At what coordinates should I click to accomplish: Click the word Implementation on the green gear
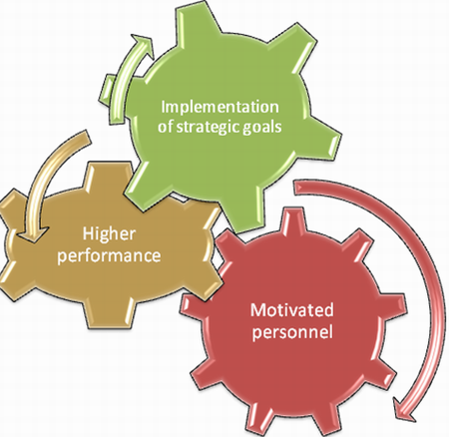tap(220, 108)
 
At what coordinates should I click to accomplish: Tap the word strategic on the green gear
tap(208, 127)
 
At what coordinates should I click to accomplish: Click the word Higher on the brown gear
tap(109, 234)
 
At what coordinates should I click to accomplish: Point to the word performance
tap(109, 255)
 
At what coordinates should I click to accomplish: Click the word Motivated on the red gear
tap(292, 310)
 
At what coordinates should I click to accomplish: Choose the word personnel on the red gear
tap(292, 332)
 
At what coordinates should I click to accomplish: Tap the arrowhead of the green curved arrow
tap(144, 46)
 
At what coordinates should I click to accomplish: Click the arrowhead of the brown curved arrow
tap(32, 234)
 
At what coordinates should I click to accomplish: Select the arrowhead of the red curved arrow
tap(404, 410)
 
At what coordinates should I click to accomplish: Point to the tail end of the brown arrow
tap(87, 138)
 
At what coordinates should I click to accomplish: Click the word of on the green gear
tap(166, 127)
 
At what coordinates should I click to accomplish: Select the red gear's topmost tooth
tap(292, 219)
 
